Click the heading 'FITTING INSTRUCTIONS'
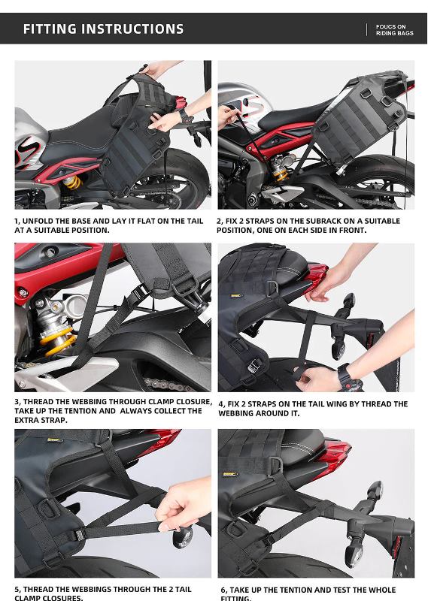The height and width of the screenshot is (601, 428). pos(103,29)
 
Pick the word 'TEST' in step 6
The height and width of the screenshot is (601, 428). pos(347,590)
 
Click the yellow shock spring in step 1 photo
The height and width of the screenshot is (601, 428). pos(71,183)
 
